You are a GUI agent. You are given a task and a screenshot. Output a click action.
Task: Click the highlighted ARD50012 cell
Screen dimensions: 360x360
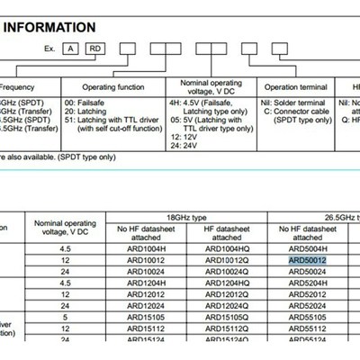pos(307,259)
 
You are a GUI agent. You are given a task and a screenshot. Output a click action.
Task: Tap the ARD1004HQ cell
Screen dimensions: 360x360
pos(226,247)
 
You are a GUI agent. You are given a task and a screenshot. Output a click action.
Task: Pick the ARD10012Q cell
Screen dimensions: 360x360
pos(226,259)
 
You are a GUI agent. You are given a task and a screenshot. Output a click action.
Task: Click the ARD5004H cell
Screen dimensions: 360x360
pos(308,247)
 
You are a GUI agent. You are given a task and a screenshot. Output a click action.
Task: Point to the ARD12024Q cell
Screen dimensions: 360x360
pos(226,305)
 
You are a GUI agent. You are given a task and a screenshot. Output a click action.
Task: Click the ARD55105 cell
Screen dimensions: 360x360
pos(308,317)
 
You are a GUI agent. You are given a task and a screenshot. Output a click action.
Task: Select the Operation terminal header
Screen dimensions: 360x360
pos(296,88)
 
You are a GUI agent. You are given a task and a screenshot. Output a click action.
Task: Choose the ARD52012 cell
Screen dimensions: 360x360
pos(308,293)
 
